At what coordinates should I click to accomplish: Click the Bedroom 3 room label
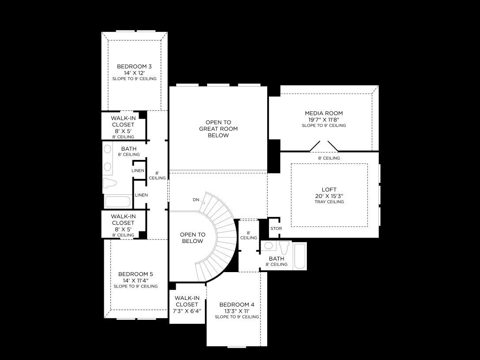134,66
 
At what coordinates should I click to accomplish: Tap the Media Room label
324,113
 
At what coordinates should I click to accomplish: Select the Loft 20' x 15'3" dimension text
329,196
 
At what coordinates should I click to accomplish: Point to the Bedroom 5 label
135,274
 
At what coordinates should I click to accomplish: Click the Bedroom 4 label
237,305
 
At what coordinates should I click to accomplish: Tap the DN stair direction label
196,200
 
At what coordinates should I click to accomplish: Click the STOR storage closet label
276,228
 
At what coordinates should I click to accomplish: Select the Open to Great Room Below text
218,129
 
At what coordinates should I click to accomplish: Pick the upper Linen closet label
138,171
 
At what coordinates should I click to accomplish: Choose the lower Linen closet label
141,195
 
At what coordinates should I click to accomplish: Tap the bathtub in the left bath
117,202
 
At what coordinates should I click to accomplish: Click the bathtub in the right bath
300,256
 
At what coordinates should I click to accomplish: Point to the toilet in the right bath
284,247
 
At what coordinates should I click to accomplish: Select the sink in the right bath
268,246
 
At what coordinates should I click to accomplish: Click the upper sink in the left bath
107,149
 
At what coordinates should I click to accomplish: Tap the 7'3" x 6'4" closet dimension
187,311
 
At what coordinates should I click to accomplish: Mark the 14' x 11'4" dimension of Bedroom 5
136,280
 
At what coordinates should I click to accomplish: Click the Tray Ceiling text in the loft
329,202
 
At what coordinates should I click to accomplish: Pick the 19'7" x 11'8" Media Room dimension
324,120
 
